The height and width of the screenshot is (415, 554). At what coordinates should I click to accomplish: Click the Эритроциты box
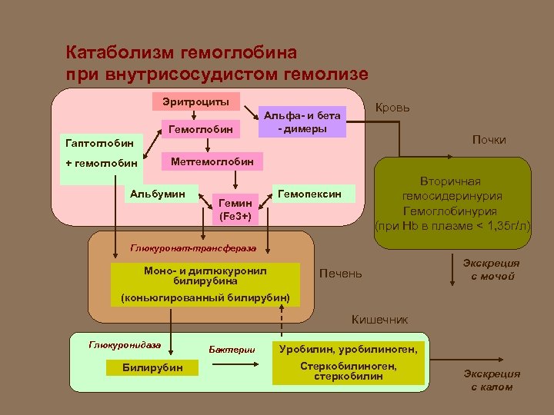click(195, 102)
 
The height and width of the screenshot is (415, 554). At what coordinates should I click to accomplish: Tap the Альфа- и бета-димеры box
click(302, 121)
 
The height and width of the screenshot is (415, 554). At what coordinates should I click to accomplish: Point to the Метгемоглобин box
click(211, 161)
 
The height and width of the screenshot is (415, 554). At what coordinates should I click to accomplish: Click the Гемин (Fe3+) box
click(235, 208)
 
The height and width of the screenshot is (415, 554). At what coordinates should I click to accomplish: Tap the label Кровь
click(392, 108)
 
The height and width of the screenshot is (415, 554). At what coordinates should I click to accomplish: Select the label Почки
click(489, 140)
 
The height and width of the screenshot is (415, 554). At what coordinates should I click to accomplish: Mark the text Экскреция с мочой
click(492, 269)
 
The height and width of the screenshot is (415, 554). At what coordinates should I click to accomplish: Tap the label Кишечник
click(379, 319)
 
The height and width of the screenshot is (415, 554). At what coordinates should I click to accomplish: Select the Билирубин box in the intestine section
click(153, 367)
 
